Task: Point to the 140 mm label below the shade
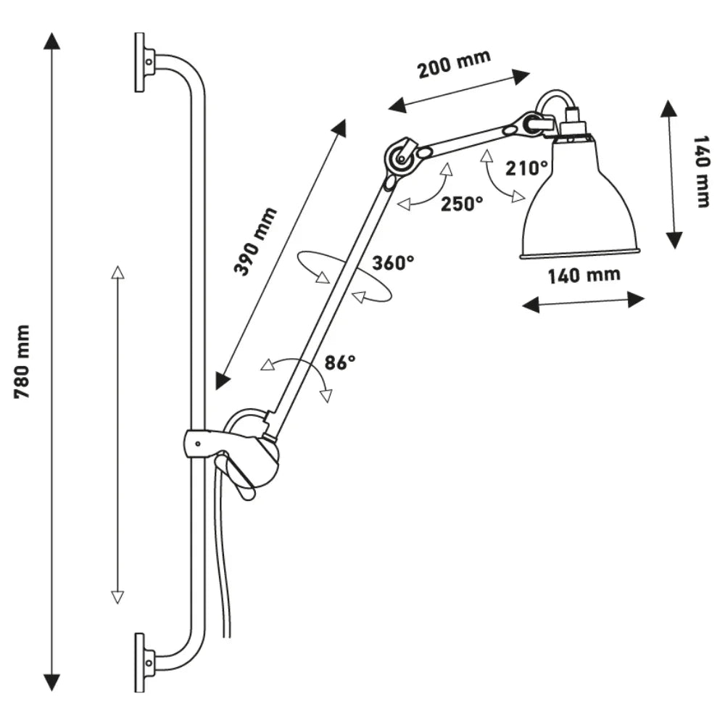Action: click(x=584, y=275)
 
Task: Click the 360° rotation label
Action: click(x=393, y=262)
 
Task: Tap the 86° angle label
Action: click(x=340, y=362)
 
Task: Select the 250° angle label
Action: click(x=462, y=204)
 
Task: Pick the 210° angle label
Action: click(x=527, y=168)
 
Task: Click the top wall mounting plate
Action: click(x=140, y=62)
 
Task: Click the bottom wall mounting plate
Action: click(x=140, y=662)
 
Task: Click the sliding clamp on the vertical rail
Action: click(x=210, y=444)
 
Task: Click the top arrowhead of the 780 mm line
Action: click(x=51, y=41)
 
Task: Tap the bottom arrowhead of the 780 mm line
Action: click(x=51, y=682)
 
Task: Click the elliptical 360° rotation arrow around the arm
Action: click(x=347, y=275)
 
